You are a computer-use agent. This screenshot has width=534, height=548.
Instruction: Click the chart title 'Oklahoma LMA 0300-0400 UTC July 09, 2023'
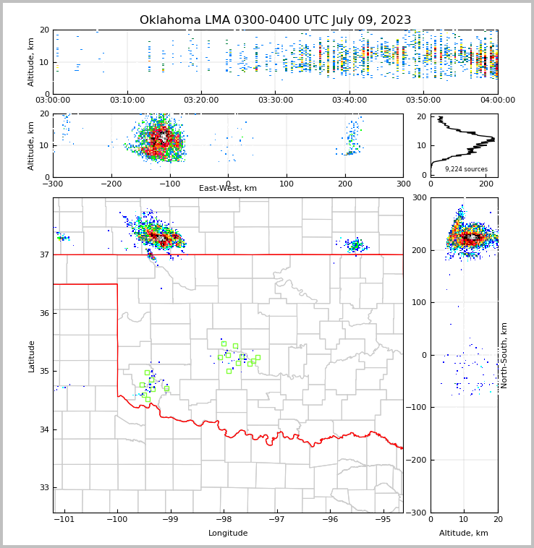(x=275, y=20)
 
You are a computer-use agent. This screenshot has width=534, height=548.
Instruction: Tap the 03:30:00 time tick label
(x=275, y=100)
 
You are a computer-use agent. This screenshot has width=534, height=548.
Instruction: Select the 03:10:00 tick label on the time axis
(x=127, y=100)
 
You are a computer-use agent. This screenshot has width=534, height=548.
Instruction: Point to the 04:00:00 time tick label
(x=497, y=100)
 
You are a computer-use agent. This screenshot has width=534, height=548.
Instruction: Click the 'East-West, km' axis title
(x=228, y=189)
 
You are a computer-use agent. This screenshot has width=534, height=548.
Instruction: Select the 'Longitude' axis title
(x=228, y=534)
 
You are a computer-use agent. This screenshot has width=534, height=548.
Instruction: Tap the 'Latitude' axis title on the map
(x=32, y=356)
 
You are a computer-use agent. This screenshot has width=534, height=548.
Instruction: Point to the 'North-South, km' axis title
(x=504, y=355)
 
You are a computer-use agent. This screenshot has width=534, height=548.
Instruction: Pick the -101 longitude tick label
(x=64, y=519)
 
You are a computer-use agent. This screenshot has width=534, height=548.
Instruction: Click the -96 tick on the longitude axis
(x=330, y=519)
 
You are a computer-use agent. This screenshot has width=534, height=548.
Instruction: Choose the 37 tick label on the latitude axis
(x=45, y=255)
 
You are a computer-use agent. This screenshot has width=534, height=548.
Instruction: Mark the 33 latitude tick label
(x=45, y=488)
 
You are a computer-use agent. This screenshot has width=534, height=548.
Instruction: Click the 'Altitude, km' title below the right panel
(x=464, y=534)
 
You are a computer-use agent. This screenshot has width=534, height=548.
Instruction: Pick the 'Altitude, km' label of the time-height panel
(x=32, y=62)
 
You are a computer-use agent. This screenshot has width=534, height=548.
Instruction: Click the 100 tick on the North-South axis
(x=419, y=303)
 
